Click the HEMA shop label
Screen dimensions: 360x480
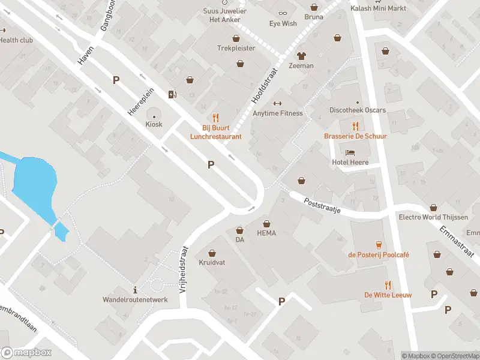[266, 233]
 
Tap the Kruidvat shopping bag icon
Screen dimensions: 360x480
[212, 253]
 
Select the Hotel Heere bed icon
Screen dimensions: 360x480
[350, 152]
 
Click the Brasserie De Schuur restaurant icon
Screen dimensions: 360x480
[355, 126]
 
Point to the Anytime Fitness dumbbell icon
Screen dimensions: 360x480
[277, 103]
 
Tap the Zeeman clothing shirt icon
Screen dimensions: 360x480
[301, 56]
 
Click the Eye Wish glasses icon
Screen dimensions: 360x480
[283, 14]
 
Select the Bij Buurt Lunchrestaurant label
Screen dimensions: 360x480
[215, 132]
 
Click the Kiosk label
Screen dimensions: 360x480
[154, 124]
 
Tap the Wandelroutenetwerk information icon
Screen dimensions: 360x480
[135, 289]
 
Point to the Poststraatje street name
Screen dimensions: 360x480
[322, 206]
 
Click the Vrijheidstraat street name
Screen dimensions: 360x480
[184, 269]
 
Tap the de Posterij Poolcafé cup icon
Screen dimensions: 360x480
[379, 244]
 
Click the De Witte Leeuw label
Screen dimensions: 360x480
[388, 295]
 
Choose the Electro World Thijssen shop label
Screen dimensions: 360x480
[433, 217]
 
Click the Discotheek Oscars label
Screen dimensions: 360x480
[358, 110]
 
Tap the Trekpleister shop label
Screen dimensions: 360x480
[236, 48]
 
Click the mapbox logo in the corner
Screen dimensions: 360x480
[26, 353]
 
